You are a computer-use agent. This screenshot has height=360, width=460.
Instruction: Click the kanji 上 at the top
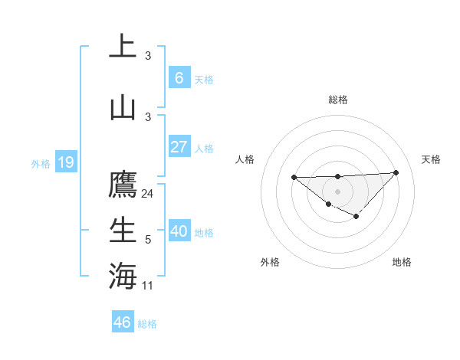(x=123, y=47)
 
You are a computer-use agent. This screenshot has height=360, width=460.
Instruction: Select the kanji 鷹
(x=123, y=185)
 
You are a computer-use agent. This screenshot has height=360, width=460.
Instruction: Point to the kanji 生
(x=123, y=230)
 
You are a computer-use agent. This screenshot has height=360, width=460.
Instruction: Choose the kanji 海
(x=123, y=275)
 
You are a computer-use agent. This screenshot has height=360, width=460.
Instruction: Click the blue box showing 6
(x=179, y=78)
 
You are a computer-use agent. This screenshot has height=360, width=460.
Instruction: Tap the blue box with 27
(x=179, y=147)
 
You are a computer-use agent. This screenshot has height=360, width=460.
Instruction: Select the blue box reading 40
(x=179, y=231)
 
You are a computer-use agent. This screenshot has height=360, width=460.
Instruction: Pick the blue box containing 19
(x=65, y=162)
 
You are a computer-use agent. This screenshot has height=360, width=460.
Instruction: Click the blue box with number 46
(x=122, y=322)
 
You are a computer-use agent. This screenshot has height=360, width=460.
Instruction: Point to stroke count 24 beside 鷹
(x=148, y=194)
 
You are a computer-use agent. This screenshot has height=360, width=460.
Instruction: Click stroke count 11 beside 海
(x=148, y=285)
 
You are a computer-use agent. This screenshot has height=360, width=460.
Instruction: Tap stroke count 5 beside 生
(x=148, y=240)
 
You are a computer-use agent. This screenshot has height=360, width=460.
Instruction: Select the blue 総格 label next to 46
(x=147, y=323)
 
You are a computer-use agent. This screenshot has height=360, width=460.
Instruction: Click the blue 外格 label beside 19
(x=40, y=163)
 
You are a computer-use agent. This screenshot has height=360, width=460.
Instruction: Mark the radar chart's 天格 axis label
(x=431, y=159)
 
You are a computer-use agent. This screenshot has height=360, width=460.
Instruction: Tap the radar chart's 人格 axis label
(x=245, y=159)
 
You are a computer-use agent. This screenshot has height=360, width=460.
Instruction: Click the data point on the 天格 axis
(x=396, y=172)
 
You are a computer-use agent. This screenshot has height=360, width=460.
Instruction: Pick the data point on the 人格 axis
(x=294, y=178)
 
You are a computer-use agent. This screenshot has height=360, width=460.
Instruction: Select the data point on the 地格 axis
(x=356, y=217)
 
